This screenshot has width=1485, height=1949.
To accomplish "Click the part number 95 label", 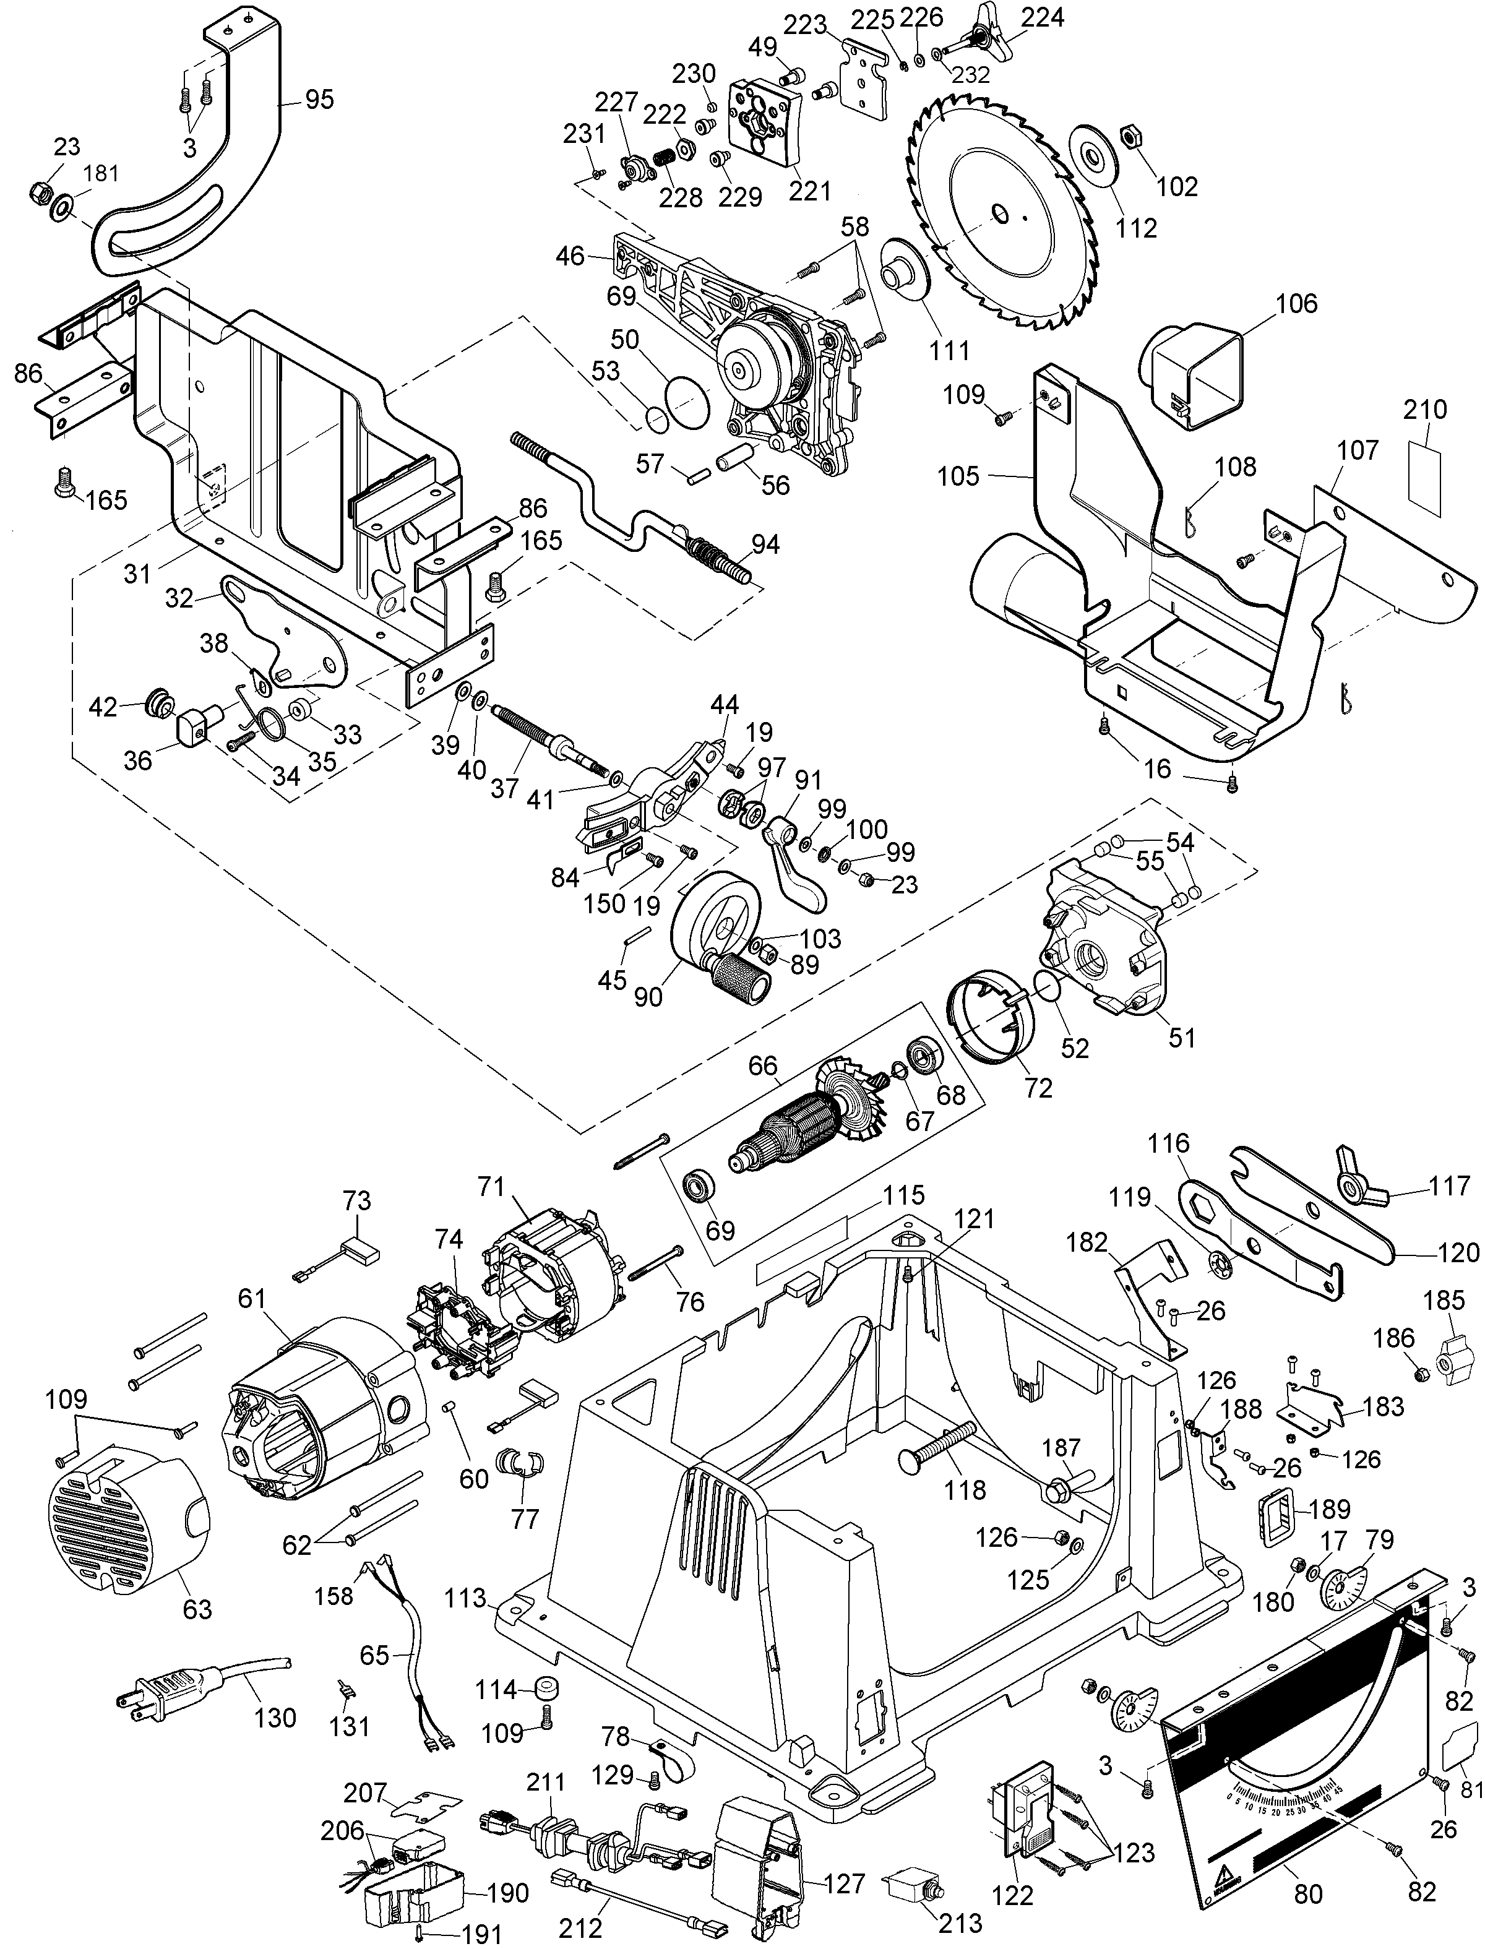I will click(x=320, y=99).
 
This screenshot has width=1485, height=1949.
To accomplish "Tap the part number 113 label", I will click(x=466, y=1598).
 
